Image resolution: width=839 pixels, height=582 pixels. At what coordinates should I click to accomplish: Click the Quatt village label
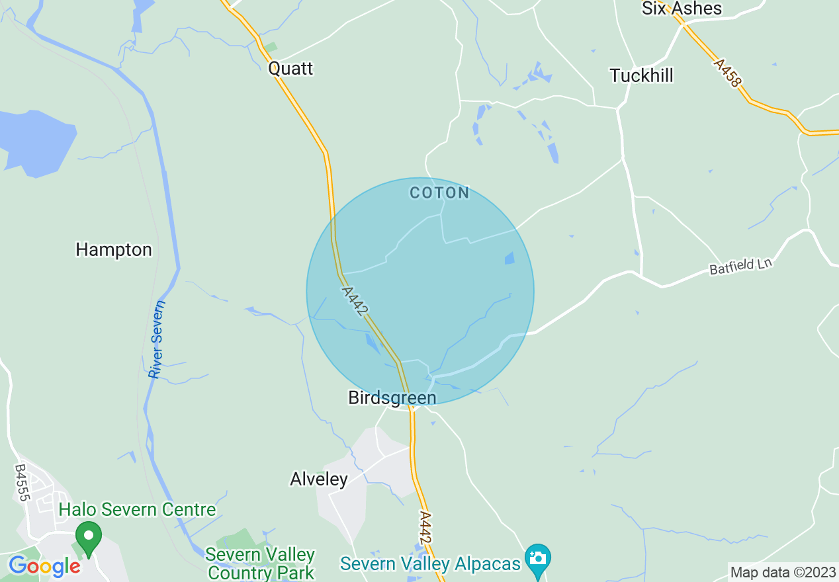pyautogui.click(x=290, y=69)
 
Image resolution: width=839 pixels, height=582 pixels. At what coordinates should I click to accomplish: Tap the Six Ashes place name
pyautogui.click(x=682, y=9)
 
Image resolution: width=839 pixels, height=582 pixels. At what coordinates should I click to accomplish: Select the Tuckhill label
pyautogui.click(x=641, y=76)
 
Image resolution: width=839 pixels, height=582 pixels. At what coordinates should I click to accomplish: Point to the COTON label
pyautogui.click(x=439, y=193)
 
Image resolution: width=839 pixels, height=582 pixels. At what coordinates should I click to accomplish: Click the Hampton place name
pyautogui.click(x=114, y=250)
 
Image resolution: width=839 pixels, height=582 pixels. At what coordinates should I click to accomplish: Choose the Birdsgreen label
pyautogui.click(x=392, y=397)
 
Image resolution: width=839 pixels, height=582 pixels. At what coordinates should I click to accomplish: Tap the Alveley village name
pyautogui.click(x=319, y=479)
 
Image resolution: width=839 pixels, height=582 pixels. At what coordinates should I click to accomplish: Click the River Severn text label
pyautogui.click(x=157, y=340)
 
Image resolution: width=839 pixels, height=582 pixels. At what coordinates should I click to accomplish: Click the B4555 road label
pyautogui.click(x=21, y=482)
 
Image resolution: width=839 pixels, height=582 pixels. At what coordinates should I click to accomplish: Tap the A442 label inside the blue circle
pyautogui.click(x=355, y=302)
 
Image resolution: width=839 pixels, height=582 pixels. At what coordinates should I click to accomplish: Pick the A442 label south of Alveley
pyautogui.click(x=425, y=528)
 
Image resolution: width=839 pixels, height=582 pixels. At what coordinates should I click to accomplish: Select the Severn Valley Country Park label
pyautogui.click(x=260, y=563)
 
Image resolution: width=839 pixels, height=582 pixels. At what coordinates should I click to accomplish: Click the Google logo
pyautogui.click(x=44, y=566)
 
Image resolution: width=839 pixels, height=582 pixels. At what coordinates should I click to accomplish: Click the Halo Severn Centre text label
pyautogui.click(x=137, y=510)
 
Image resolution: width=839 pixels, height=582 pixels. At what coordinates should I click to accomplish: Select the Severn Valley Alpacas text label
pyautogui.click(x=431, y=564)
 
